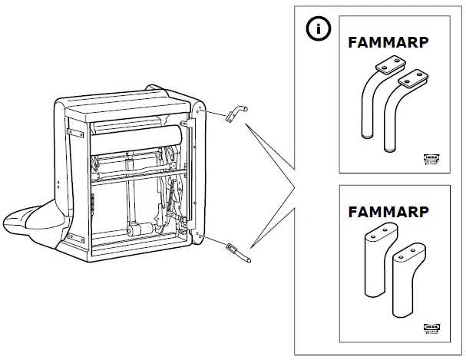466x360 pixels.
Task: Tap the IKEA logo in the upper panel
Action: coord(432,159)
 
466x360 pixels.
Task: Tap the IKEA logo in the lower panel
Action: coord(432,327)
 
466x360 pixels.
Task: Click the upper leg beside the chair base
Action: coord(233,114)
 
